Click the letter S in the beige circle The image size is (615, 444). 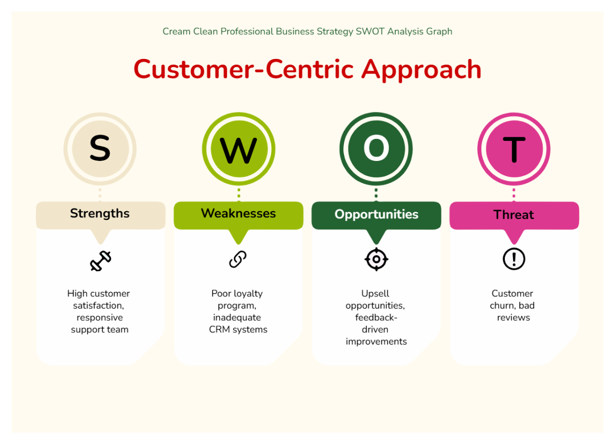(100, 149)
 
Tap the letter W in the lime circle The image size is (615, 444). (238, 150)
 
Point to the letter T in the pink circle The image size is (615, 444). (514, 149)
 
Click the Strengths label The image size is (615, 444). (100, 213)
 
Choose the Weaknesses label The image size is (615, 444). (238, 213)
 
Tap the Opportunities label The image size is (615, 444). (376, 214)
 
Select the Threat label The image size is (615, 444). (514, 215)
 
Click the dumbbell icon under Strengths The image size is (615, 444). (100, 261)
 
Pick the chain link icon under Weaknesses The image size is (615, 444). (238, 259)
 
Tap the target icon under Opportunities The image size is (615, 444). (376, 259)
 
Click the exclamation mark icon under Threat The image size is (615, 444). (514, 259)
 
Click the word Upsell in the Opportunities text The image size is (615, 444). (375, 294)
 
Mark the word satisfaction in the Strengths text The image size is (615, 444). (98, 306)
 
